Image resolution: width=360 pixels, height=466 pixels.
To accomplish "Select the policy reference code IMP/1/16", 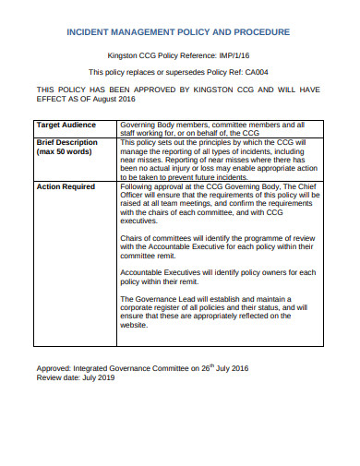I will (235, 55).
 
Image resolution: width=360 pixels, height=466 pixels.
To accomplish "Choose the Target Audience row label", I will (67, 124).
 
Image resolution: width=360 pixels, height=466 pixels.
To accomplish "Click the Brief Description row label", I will (66, 143).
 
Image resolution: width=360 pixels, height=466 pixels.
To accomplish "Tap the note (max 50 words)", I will (66, 152).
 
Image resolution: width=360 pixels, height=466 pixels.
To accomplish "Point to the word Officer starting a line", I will (137, 196).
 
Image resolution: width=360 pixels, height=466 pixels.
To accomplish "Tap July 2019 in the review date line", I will (101, 377).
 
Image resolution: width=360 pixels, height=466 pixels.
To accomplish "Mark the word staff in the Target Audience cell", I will (134, 133).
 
